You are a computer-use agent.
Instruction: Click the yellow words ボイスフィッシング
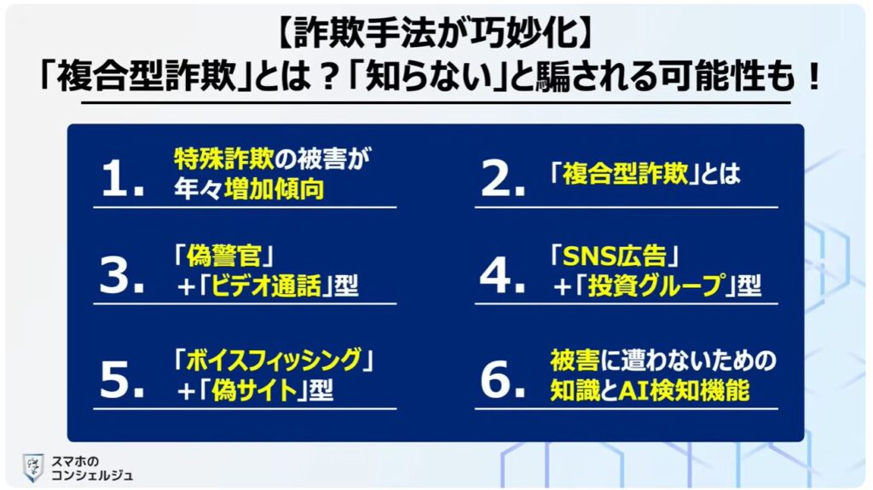(273, 359)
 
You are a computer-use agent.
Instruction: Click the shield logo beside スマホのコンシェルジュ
(33, 466)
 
